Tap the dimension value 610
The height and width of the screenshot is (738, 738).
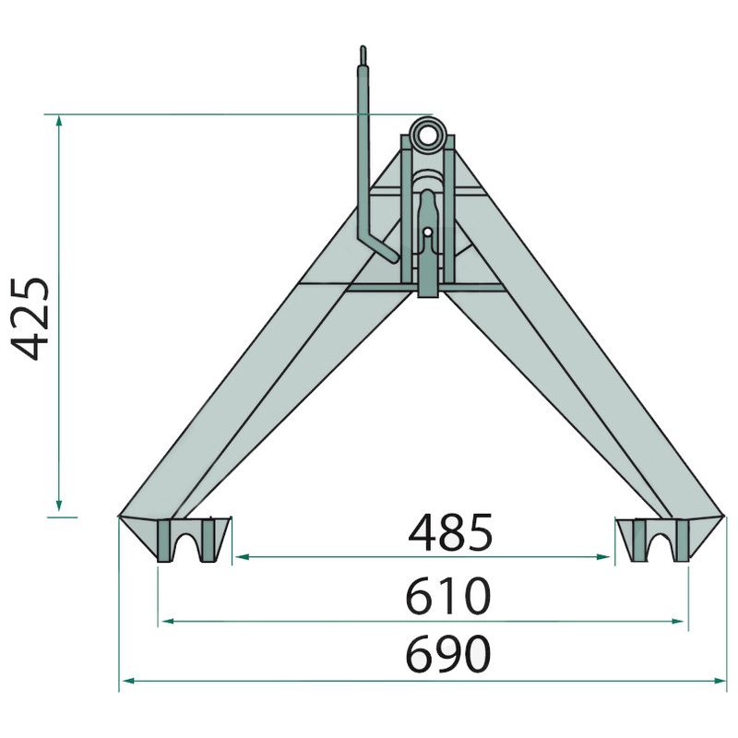click(x=447, y=597)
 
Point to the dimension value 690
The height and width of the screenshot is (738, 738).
click(x=447, y=656)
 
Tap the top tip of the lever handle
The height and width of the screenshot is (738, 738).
click(x=363, y=50)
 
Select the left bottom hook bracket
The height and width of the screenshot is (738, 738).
click(x=192, y=539)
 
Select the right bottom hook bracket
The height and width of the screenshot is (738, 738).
click(x=657, y=539)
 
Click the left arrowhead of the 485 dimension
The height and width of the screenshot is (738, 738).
click(x=240, y=557)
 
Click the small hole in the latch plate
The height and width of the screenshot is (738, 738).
click(x=427, y=232)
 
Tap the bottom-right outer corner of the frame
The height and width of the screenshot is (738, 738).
click(x=727, y=517)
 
